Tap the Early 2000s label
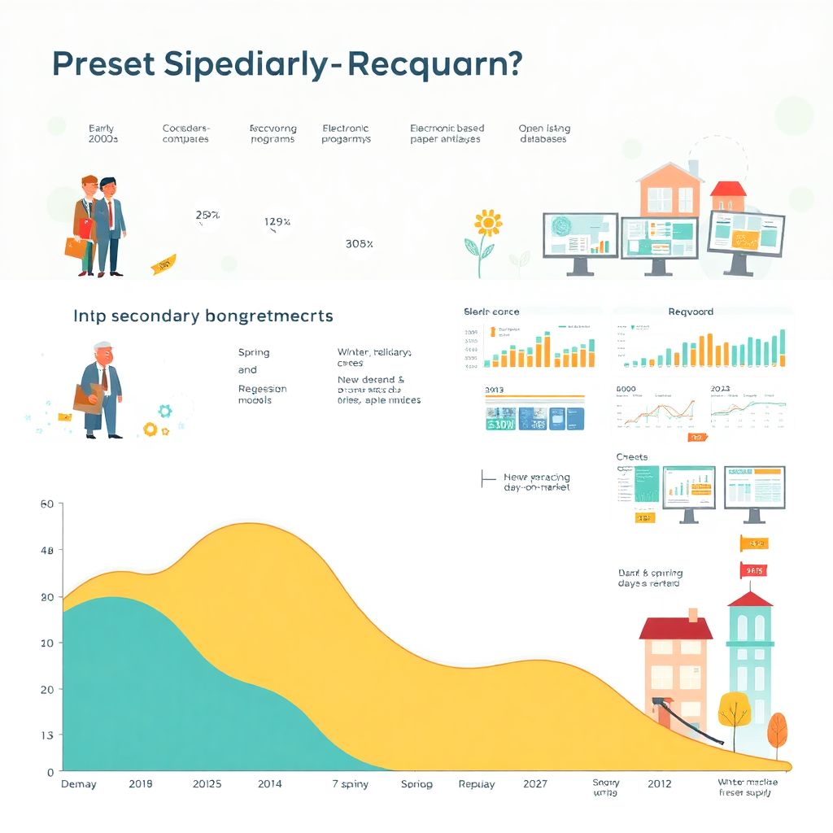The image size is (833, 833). tap(102, 133)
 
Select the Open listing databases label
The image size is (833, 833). tap(543, 133)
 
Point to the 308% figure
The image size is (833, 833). tap(359, 242)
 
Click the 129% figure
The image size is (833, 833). tap(277, 221)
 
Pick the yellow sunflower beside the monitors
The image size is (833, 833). tap(487, 222)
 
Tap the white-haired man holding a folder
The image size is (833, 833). tap(102, 389)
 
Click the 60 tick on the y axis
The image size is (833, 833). tap(46, 504)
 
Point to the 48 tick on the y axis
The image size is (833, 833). tap(46, 551)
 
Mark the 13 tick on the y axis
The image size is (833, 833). tap(46, 735)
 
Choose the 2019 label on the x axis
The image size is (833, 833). tap(141, 784)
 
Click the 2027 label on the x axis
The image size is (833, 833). tap(535, 784)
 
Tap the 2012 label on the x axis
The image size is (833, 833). tap(659, 784)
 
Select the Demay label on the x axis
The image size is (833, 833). tap(79, 784)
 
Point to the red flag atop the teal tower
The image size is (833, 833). tap(752, 571)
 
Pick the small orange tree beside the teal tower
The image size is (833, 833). tap(777, 728)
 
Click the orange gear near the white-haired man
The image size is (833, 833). tap(150, 428)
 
